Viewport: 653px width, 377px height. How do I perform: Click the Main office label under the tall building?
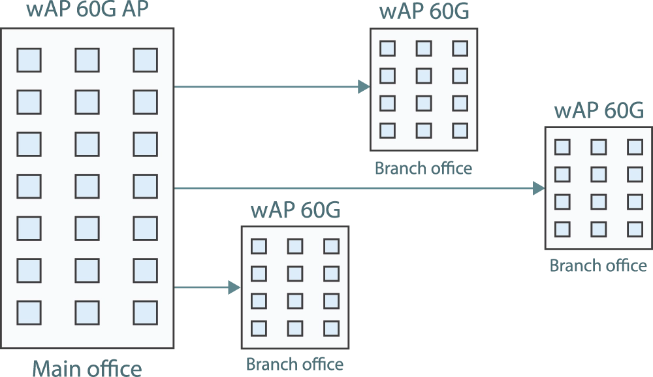pyautogui.click(x=88, y=367)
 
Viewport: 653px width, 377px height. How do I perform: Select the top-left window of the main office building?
pyautogui.click(x=29, y=60)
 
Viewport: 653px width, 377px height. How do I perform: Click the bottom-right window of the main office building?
pyautogui.click(x=145, y=312)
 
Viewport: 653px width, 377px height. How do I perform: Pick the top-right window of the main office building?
pyautogui.click(x=145, y=60)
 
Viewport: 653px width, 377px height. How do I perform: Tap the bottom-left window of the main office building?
pyautogui.click(x=29, y=312)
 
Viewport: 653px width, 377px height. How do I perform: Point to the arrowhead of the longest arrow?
pyautogui.click(x=538, y=189)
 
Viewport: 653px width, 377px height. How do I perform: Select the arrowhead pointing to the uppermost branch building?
pyautogui.click(x=362, y=86)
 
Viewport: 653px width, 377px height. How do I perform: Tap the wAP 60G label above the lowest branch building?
pyautogui.click(x=295, y=211)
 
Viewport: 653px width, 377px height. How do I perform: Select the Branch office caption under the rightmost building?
pyautogui.click(x=598, y=265)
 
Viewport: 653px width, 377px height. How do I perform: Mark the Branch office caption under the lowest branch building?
pyautogui.click(x=295, y=363)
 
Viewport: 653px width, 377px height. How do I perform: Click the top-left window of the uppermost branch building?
pyautogui.click(x=387, y=48)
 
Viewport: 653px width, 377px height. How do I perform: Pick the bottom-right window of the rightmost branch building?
pyautogui.click(x=635, y=229)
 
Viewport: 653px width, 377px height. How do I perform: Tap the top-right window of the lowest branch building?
pyautogui.click(x=332, y=246)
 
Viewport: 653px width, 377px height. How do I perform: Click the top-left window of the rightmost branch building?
pyautogui.click(x=562, y=147)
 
